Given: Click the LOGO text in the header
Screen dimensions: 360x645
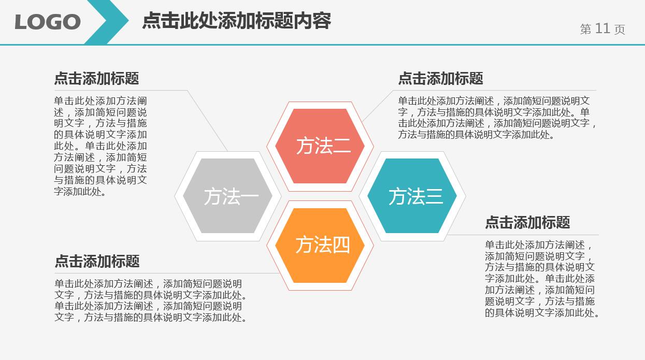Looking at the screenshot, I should pos(48,22).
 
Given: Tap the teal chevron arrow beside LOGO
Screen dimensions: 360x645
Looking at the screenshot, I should pos(108,22).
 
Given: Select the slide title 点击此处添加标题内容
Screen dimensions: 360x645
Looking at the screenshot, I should pos(236,21).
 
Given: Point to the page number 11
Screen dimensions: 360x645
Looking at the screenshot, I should pos(603,28).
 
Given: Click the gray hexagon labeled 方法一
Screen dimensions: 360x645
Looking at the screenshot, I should pos(228,196).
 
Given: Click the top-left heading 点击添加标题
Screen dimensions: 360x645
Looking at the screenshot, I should pos(96,79).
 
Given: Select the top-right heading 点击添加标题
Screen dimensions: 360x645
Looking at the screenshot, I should pos(440,79).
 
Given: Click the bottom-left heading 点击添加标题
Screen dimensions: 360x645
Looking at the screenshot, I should pos(97,261).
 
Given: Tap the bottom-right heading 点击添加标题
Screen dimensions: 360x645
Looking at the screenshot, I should pos(527,223).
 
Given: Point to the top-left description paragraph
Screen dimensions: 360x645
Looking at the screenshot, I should pos(101,146).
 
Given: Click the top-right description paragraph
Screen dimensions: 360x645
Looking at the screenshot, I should pos(497,118).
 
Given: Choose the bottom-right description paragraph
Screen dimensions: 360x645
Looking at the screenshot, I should pos(541,279).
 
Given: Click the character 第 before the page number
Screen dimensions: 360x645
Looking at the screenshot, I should pos(586,30).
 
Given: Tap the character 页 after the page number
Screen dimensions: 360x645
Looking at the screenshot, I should pos(620,30).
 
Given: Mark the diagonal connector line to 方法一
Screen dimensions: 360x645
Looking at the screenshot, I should pos(207,121).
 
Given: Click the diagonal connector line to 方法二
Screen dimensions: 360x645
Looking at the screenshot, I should pos(377,106).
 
